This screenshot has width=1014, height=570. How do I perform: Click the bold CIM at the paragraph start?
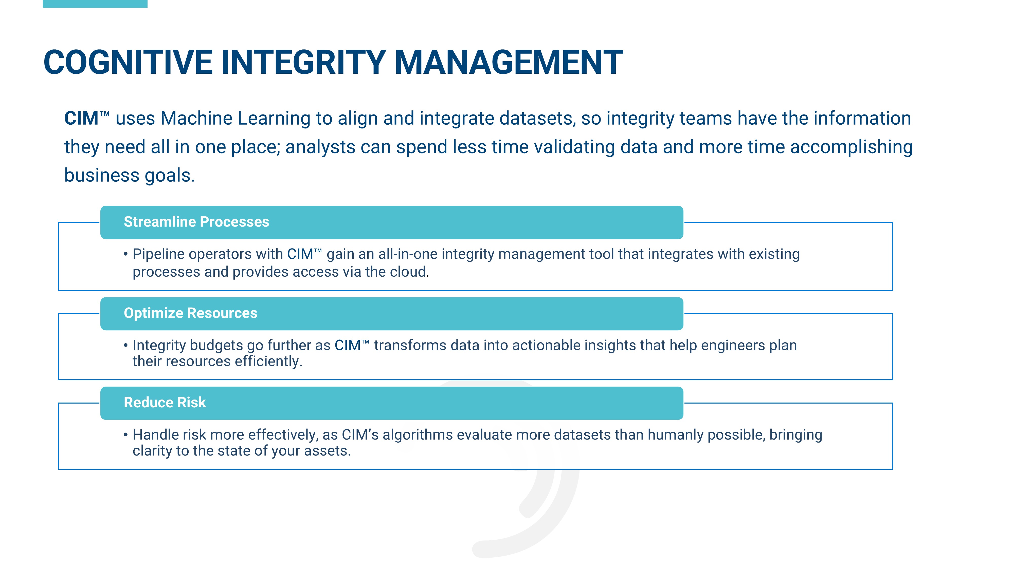pyautogui.click(x=81, y=118)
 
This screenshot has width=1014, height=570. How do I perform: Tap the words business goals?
pyautogui.click(x=130, y=176)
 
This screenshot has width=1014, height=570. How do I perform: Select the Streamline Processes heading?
pyautogui.click(x=196, y=222)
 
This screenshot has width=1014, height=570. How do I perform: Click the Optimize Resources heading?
pyautogui.click(x=191, y=313)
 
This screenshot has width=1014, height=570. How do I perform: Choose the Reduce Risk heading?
pyautogui.click(x=165, y=403)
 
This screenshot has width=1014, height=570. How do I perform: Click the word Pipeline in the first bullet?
pyautogui.click(x=158, y=254)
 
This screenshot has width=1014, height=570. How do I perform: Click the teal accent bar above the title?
pyautogui.click(x=95, y=4)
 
